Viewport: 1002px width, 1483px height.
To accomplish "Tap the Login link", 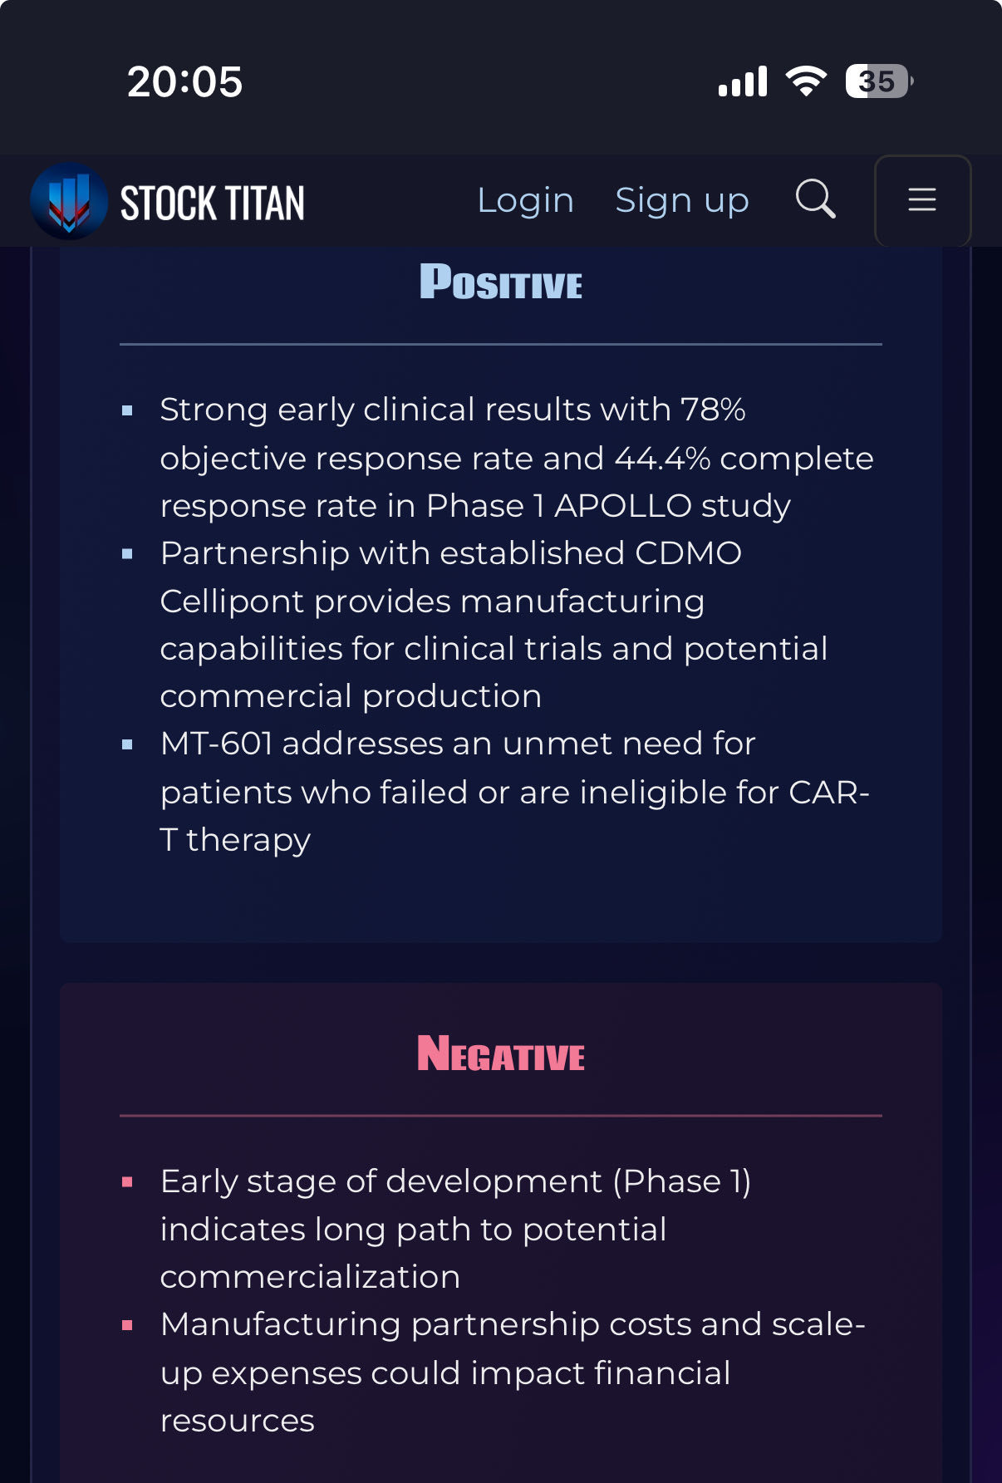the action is point(525,201).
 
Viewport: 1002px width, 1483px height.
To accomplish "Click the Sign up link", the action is point(682,201).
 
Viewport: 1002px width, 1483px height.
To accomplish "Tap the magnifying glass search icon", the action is point(815,199).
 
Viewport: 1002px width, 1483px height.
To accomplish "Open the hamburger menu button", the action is point(922,200).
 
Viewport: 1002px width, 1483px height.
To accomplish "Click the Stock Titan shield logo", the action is point(69,201).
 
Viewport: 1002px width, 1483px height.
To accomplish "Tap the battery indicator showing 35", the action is point(879,81).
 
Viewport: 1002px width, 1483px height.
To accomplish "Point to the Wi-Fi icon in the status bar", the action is point(806,81).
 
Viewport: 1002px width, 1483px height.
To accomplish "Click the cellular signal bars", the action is point(743,82).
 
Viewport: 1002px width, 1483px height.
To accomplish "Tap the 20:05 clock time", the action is point(184,82).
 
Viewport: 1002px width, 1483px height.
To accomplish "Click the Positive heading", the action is point(501,282).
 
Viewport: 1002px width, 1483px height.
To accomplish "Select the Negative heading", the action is point(501,1053).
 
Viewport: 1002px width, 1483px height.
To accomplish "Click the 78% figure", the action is point(713,410).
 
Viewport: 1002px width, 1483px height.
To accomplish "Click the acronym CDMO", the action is point(688,553).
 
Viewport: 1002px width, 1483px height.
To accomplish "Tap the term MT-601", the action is point(216,744).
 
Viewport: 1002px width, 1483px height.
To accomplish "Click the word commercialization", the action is point(310,1277).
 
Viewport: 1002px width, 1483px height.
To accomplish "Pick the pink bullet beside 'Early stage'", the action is point(127,1182).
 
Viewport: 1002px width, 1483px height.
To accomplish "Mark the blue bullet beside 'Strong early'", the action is point(127,410).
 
